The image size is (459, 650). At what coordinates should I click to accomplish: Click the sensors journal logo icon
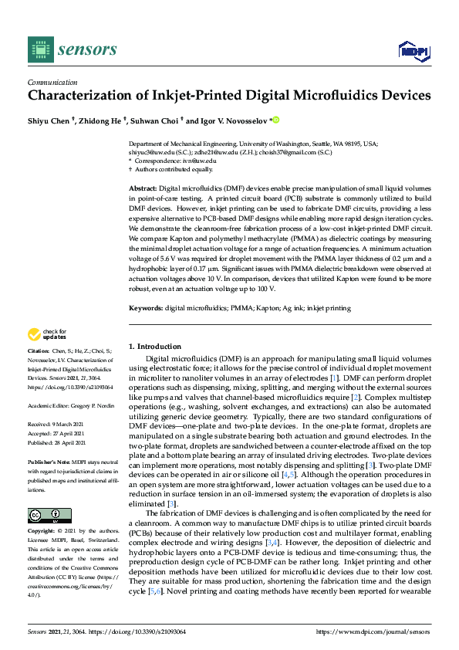38,49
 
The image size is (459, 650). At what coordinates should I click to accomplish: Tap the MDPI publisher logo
413,51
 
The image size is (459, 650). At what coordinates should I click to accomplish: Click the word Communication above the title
52,82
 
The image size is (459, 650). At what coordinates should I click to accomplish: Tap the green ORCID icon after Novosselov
275,120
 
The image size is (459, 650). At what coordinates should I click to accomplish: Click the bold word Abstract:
143,188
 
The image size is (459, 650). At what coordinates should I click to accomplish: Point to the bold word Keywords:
146,308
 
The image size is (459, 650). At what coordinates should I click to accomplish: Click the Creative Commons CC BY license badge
49,516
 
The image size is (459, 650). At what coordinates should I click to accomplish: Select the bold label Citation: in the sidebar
41,371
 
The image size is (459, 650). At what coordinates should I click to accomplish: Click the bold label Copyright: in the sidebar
44,532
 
